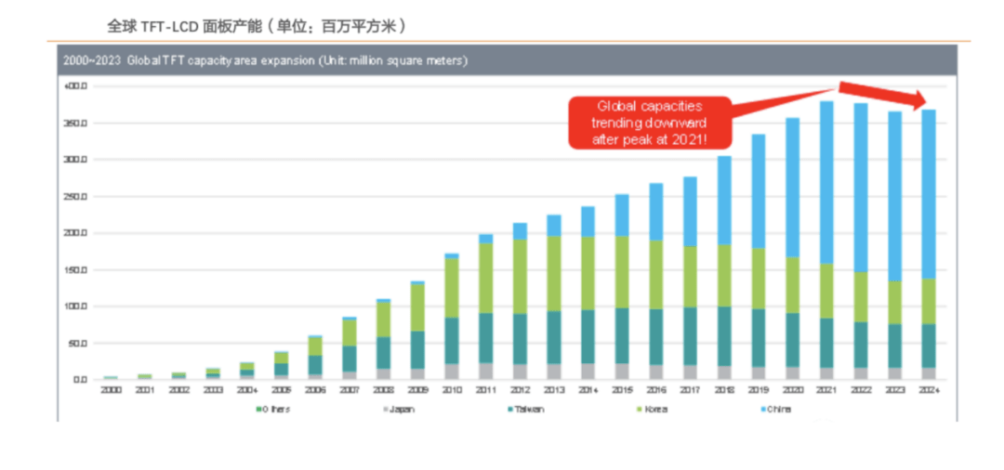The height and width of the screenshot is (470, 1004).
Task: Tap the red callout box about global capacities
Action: (650, 122)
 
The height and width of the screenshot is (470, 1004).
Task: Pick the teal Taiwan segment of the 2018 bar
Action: (723, 335)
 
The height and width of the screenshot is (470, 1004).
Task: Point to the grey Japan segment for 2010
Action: (452, 371)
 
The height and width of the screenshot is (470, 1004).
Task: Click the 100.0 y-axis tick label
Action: (75, 307)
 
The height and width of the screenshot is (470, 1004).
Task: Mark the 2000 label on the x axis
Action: (111, 390)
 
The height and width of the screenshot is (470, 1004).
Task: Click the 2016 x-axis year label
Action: (655, 390)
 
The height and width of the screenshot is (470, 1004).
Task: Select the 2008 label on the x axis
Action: (383, 390)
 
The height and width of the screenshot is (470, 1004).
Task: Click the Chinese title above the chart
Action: (257, 25)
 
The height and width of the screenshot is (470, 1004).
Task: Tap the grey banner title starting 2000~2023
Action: (265, 61)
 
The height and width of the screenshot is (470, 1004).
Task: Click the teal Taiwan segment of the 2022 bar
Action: (861, 345)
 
